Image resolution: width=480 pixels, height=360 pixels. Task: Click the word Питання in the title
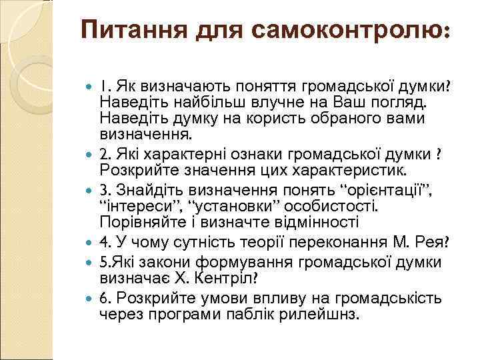pos(133,30)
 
